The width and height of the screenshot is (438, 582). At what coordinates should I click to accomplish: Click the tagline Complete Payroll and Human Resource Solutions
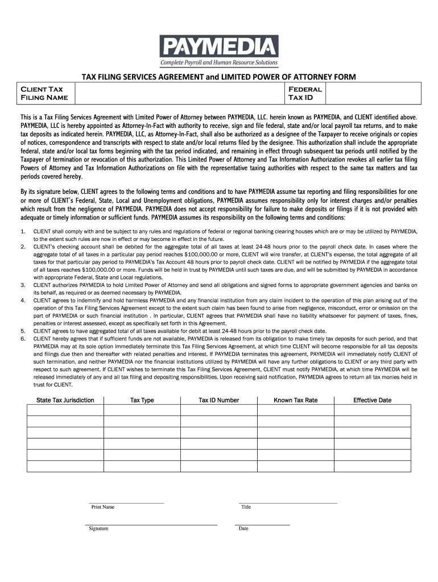[x=219, y=63]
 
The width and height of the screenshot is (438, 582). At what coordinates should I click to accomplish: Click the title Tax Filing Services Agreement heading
[x=218, y=77]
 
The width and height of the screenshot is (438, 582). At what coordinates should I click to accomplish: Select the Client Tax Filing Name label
[x=44, y=93]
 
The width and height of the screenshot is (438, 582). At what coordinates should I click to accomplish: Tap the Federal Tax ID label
[x=305, y=93]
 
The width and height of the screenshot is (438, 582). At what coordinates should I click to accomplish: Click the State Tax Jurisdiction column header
[x=65, y=400]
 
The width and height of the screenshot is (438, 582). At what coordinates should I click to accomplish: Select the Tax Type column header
[x=142, y=400]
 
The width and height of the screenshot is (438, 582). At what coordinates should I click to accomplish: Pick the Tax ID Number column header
[x=219, y=400]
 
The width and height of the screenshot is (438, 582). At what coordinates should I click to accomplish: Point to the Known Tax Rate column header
[x=296, y=400]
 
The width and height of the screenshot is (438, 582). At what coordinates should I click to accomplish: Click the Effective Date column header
[x=373, y=400]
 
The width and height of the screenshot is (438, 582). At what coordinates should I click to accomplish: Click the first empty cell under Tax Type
[x=142, y=410]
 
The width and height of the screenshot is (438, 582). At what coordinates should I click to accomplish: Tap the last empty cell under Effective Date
[x=373, y=466]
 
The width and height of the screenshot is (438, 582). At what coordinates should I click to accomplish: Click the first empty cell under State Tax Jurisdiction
[x=65, y=410]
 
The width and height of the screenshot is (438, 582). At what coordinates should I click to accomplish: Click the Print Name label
[x=103, y=507]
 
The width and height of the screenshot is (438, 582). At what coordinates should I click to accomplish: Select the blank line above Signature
[x=151, y=524]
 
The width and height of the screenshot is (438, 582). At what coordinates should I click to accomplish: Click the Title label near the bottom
[x=246, y=507]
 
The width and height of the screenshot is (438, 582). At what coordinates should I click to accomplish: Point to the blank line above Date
[x=262, y=524]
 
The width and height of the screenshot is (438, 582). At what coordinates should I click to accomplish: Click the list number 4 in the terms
[x=23, y=300]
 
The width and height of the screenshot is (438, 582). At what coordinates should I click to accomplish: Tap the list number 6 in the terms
[x=23, y=338]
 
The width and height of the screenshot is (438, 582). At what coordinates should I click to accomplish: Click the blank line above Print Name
[x=126, y=502]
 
